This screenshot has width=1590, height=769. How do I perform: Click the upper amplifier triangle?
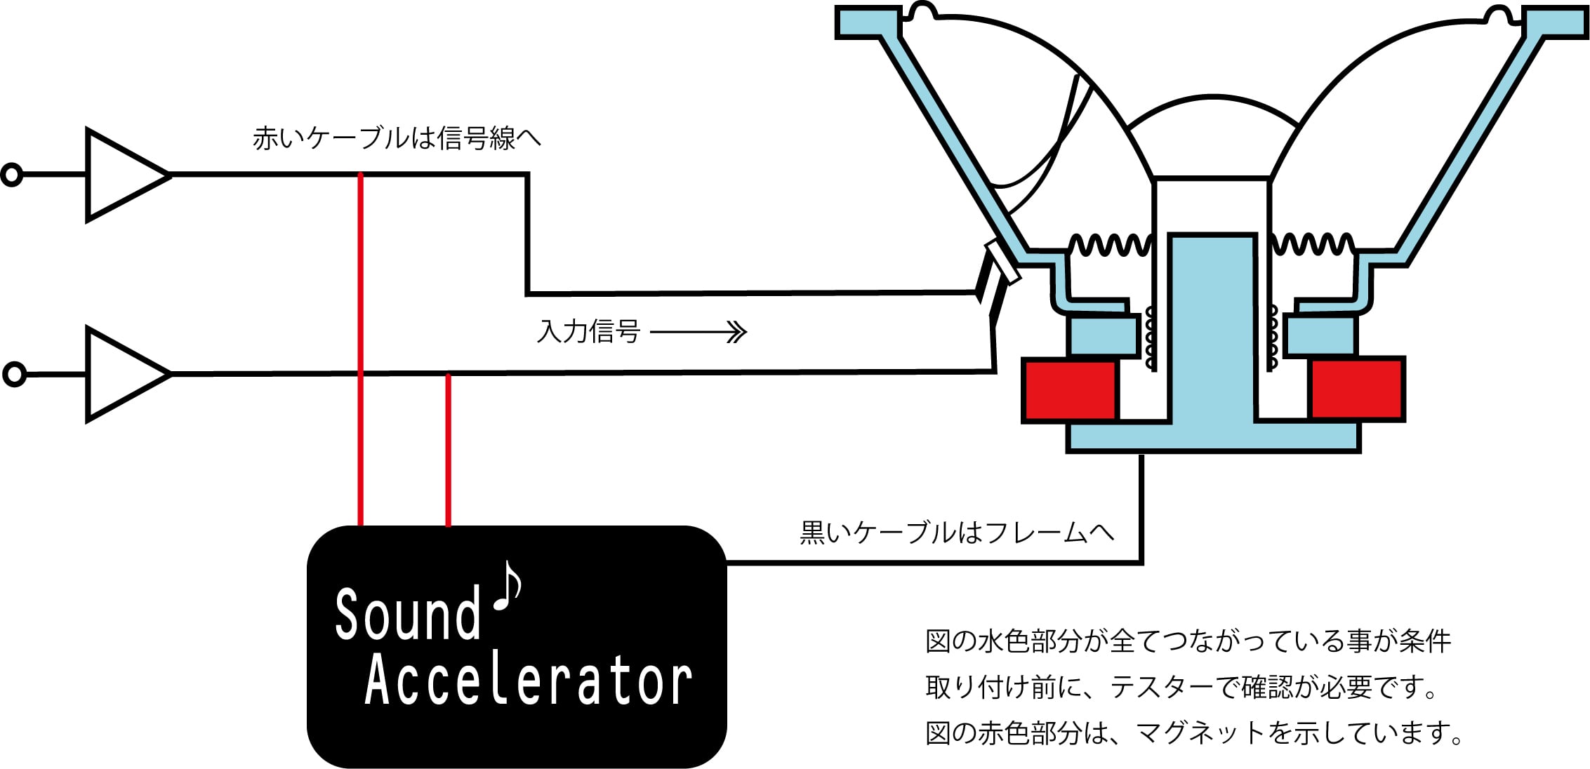123,175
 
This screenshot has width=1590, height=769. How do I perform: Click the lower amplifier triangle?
123,374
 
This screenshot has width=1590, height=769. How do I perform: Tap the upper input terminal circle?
12,175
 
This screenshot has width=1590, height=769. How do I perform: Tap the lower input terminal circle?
14,374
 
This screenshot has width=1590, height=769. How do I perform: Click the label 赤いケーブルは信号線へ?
397,138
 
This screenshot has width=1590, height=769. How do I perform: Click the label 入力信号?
588,331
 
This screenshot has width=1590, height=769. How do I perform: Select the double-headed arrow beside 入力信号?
698,332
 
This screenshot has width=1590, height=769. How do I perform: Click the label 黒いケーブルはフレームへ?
958,533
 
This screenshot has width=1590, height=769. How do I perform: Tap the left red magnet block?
1070,390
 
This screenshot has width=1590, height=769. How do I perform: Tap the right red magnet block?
1358,390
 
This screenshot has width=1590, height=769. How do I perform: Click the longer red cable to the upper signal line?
360,349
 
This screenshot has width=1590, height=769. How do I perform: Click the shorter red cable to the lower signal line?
448,450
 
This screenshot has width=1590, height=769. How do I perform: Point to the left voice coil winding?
1151,337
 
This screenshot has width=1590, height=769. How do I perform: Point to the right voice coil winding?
1271,337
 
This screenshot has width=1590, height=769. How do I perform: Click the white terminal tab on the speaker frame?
1002,262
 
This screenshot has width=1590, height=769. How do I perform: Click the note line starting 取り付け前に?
1182,687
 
